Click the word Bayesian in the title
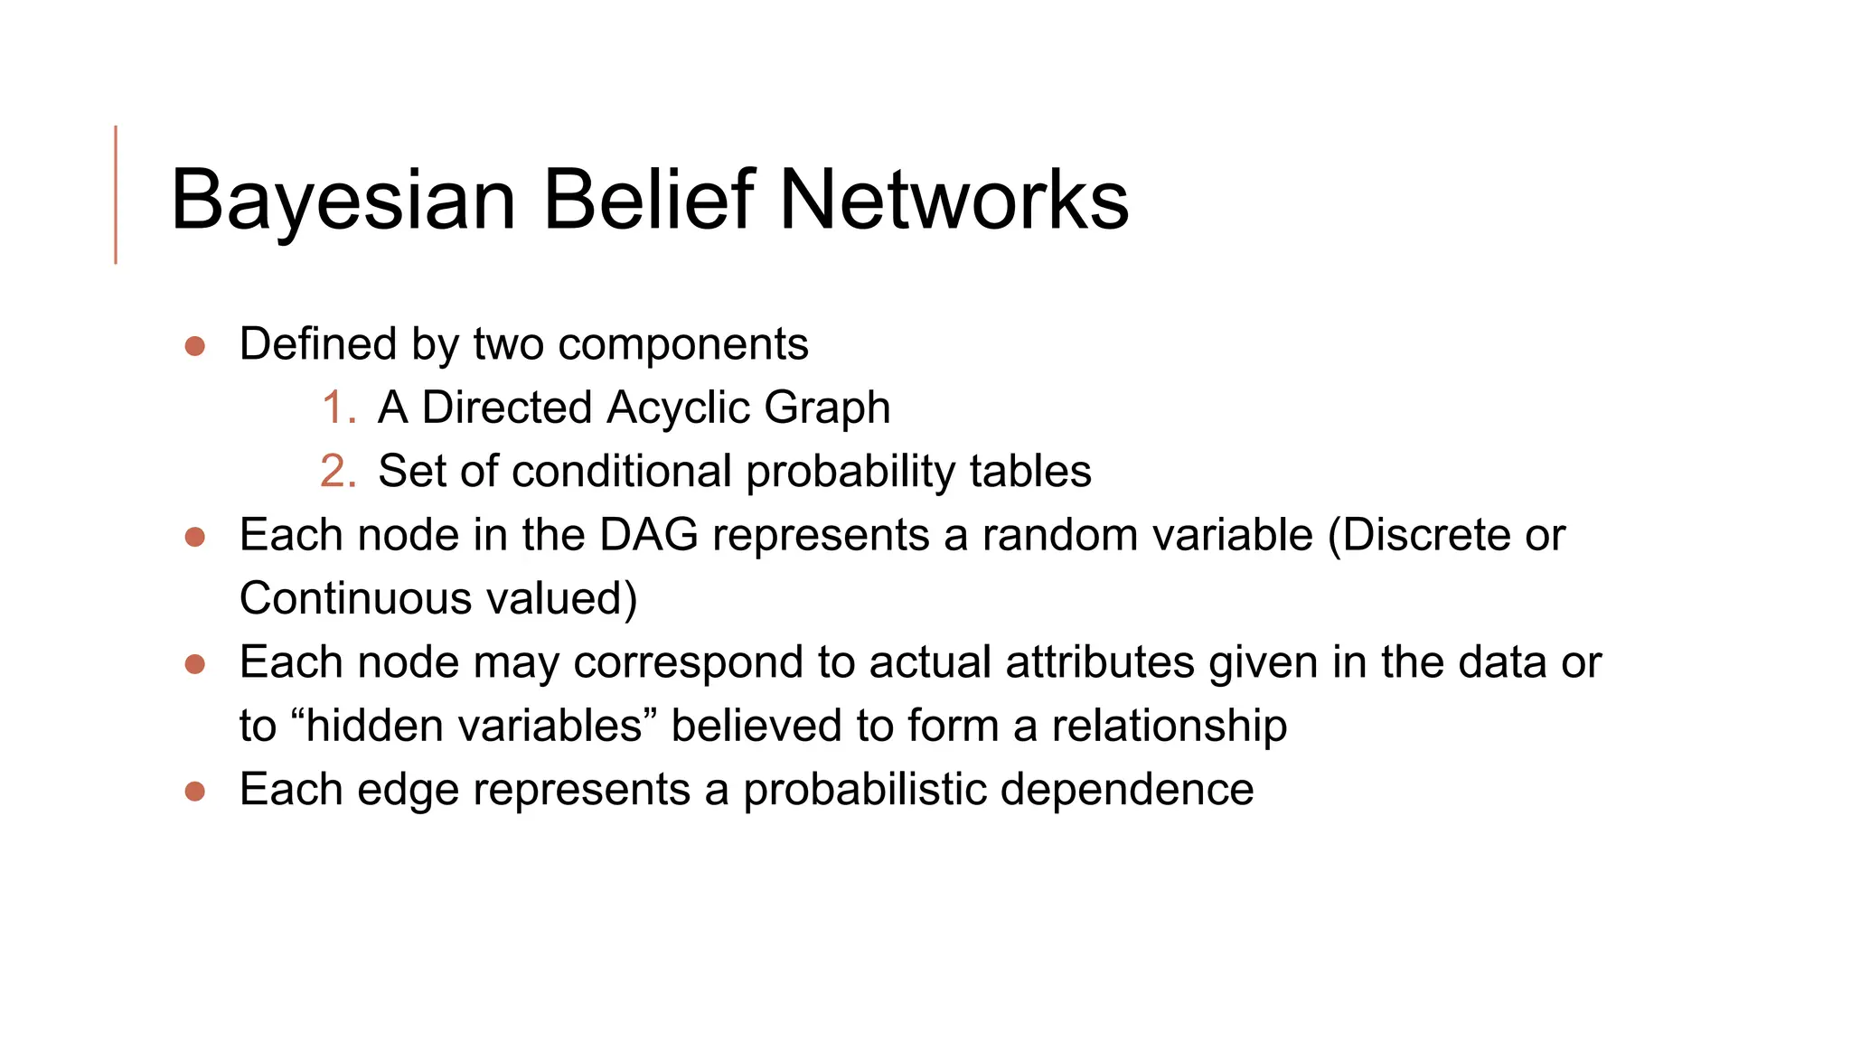(x=343, y=200)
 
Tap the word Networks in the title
(x=954, y=200)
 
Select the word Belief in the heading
(x=648, y=200)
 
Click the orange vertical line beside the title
(x=116, y=194)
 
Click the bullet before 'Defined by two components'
(x=194, y=346)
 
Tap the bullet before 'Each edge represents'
(x=194, y=792)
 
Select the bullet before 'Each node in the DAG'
(x=194, y=537)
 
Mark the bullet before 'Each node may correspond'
(x=194, y=664)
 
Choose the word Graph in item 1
(x=827, y=408)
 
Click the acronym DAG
(x=649, y=535)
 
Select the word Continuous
(x=355, y=599)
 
